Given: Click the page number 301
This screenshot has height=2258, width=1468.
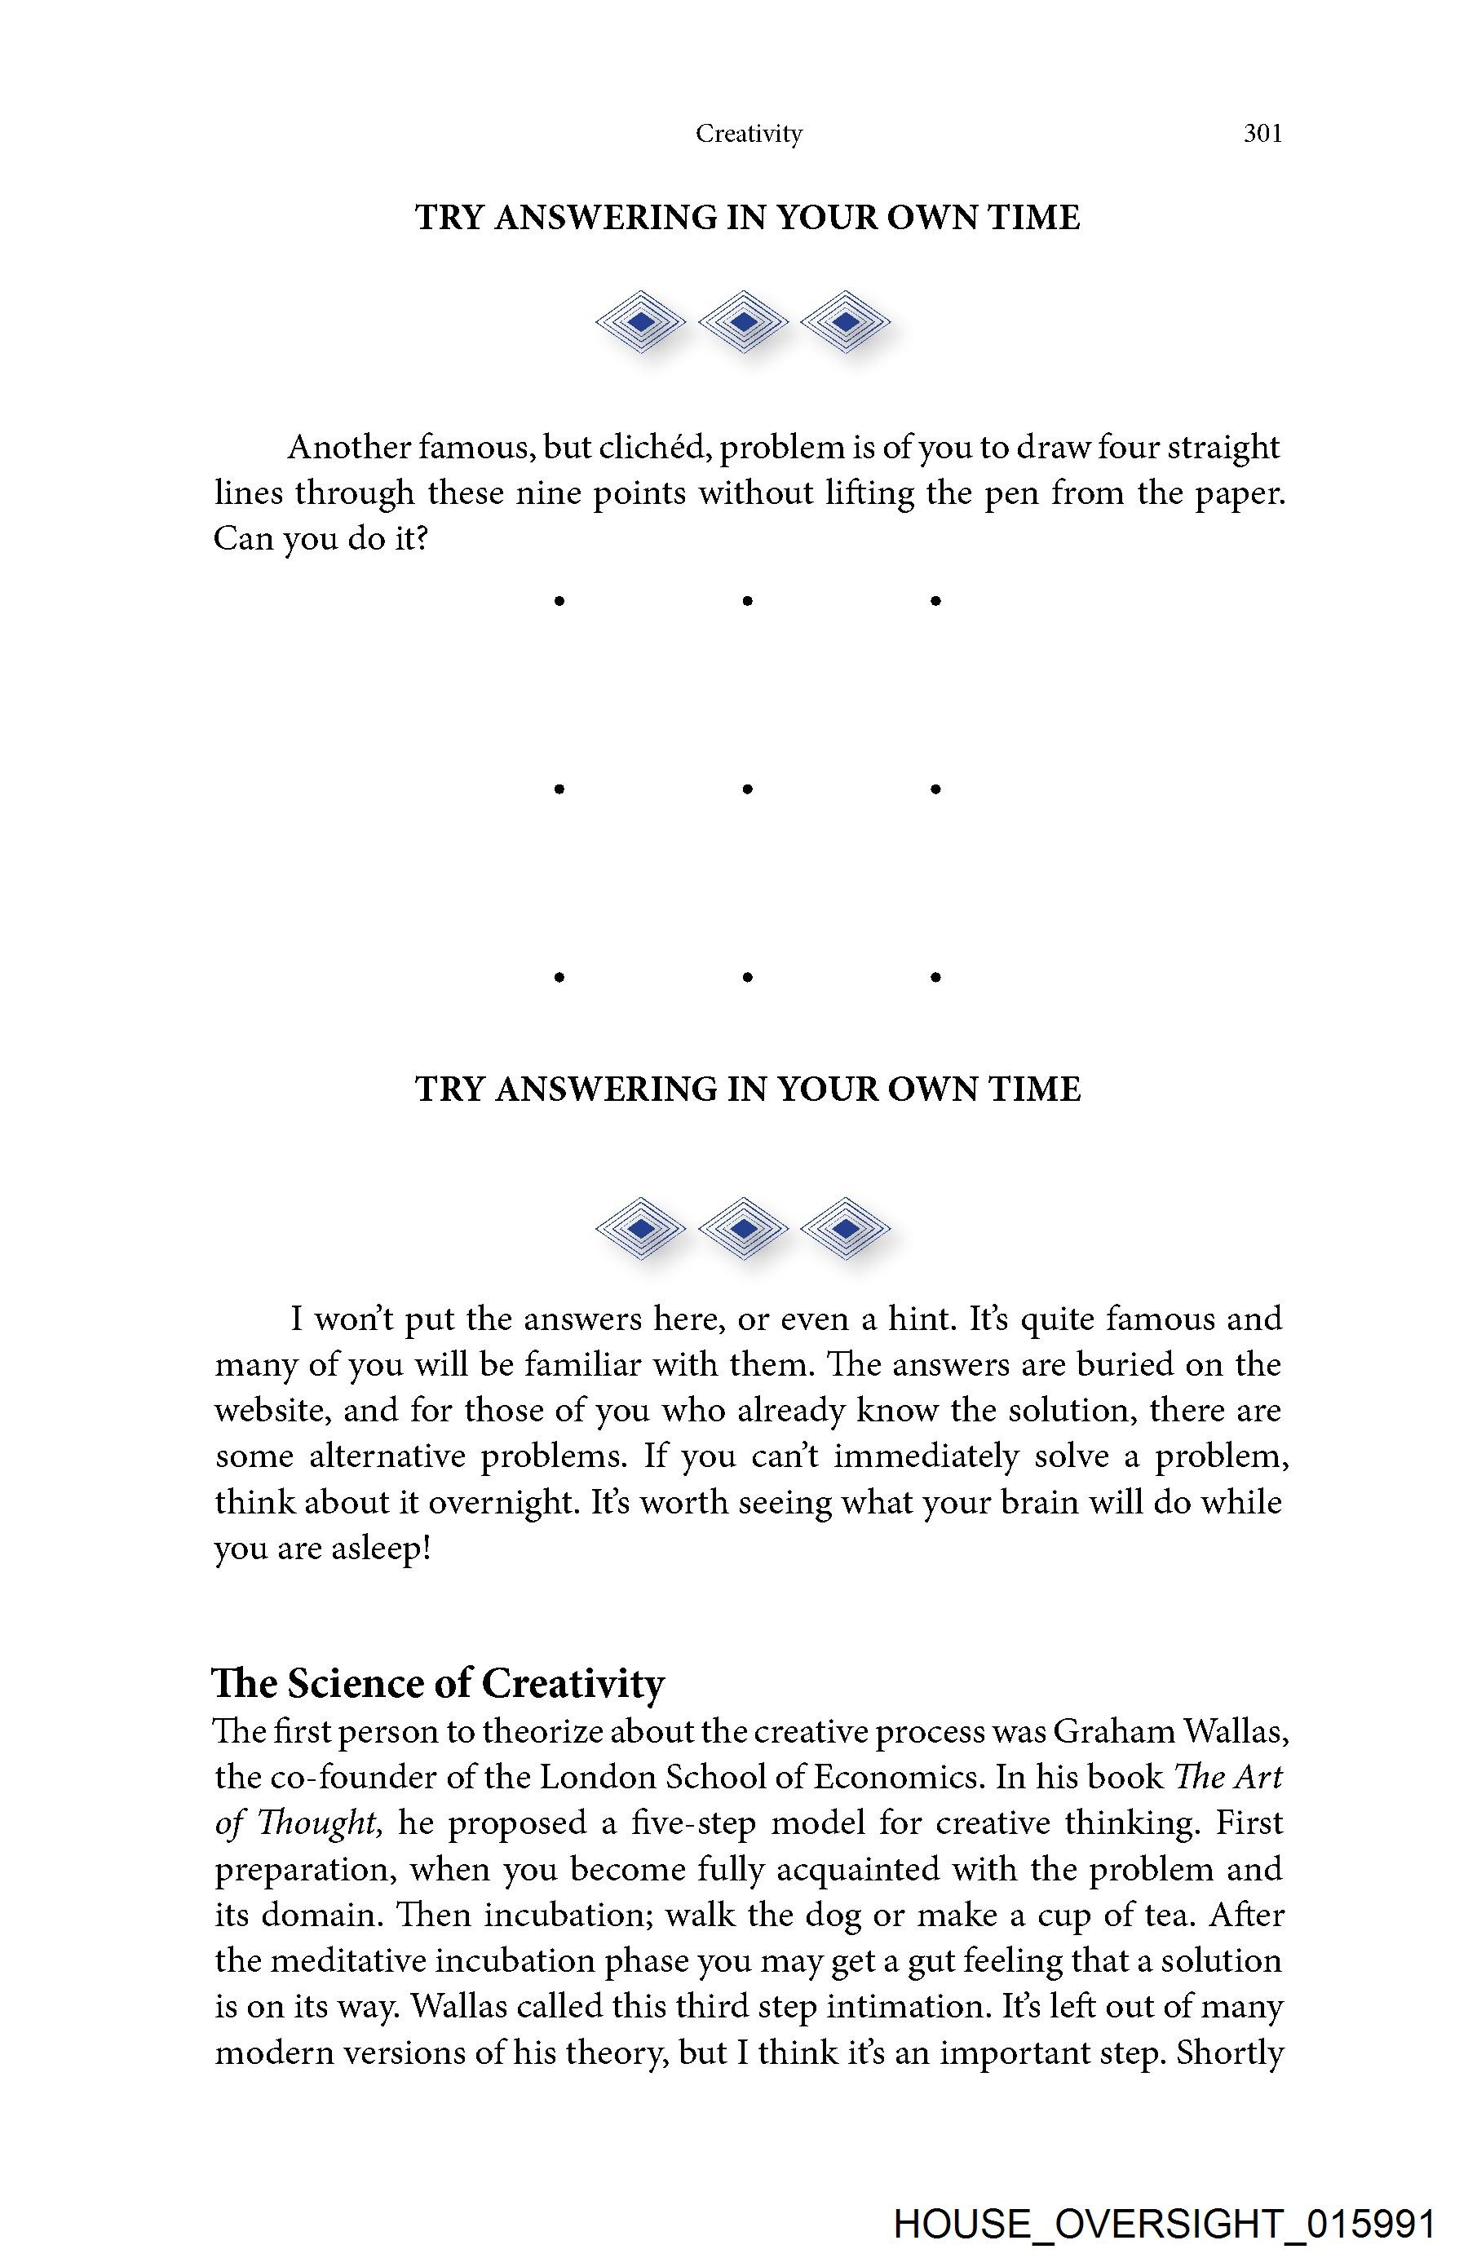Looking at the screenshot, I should click(x=1262, y=134).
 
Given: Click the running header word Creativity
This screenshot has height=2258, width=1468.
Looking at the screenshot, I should click(x=749, y=134).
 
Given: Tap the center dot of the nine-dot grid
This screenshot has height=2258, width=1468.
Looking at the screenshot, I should click(x=748, y=789).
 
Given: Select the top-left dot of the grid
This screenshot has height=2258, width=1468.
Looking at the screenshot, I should click(x=559, y=600).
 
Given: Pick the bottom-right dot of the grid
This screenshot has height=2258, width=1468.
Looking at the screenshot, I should click(x=935, y=976).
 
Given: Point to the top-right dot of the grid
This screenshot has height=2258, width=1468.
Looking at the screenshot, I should click(x=935, y=600).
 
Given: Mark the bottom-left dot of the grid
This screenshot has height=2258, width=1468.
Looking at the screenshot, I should click(x=559, y=976).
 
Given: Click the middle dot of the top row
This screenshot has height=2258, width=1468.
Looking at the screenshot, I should click(x=748, y=600).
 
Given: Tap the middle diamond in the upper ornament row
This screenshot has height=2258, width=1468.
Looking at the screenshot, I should click(x=744, y=321).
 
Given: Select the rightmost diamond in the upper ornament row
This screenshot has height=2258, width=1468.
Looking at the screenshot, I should click(x=846, y=321).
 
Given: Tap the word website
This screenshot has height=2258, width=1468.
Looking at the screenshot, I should click(x=272, y=1411).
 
